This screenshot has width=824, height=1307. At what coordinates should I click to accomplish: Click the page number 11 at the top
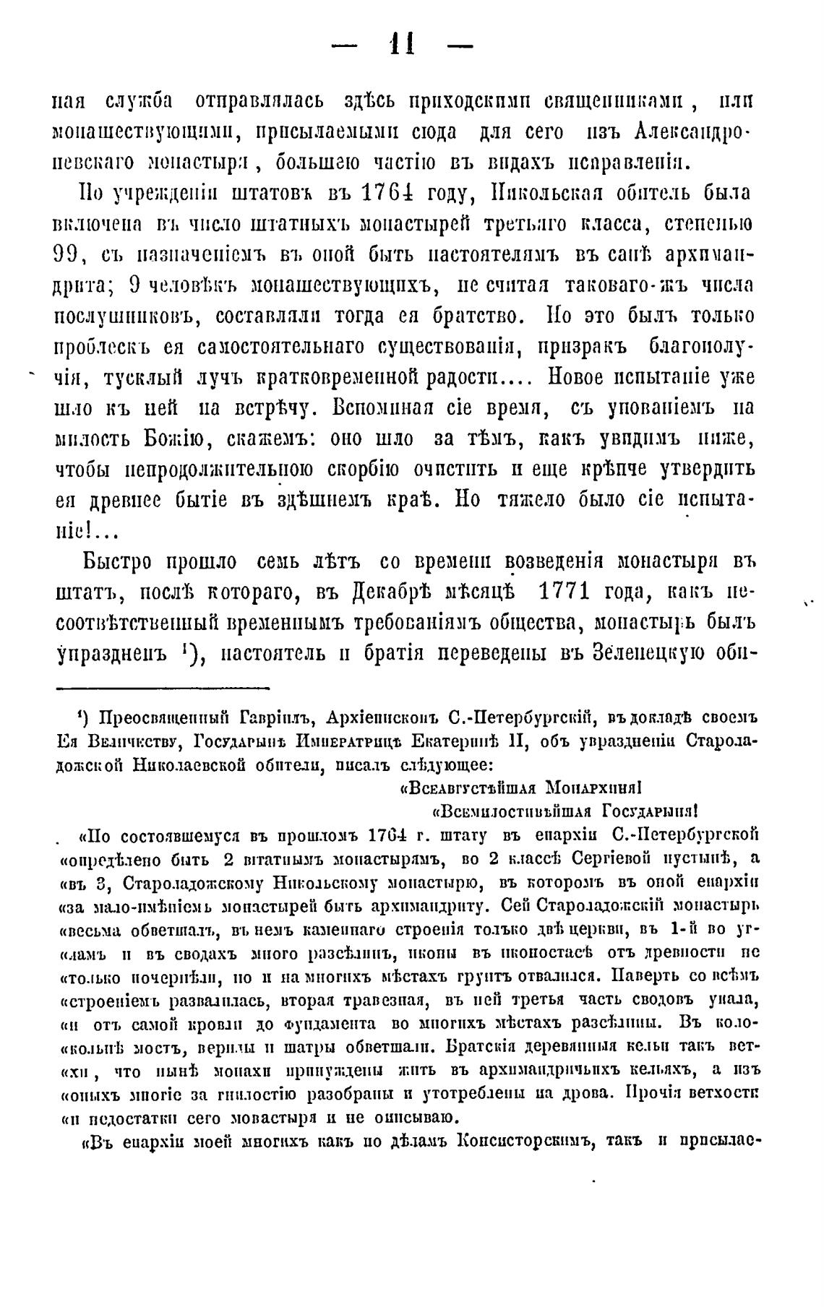click(x=401, y=46)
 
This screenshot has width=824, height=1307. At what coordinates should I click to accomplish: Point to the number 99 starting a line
click(x=70, y=254)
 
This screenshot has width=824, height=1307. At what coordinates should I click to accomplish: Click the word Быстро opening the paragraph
click(x=116, y=561)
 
